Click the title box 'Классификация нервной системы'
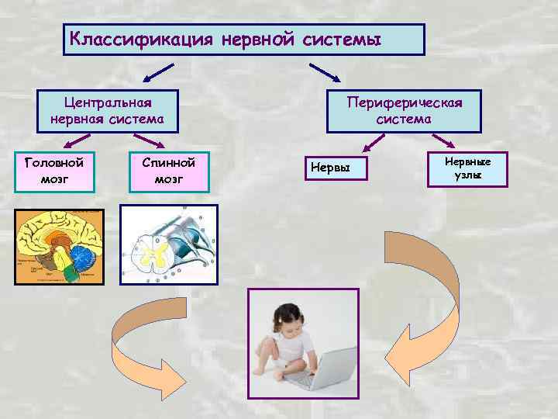coord(243,39)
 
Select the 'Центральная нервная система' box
coord(108,111)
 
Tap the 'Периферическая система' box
coord(404,111)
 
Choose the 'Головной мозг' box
coord(54,171)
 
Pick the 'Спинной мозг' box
coord(168,171)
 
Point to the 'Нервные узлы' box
coord(467,168)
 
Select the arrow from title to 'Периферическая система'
coord(326,73)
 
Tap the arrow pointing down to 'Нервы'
coord(374,143)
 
